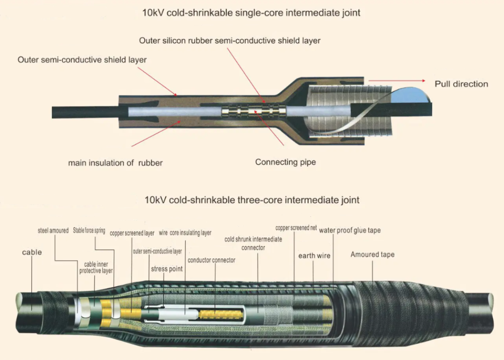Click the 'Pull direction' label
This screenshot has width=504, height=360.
461,84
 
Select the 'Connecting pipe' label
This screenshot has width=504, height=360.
285,162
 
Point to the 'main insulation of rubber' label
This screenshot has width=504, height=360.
115,163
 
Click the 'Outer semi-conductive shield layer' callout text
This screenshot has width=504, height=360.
82,60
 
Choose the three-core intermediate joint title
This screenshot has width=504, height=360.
252,200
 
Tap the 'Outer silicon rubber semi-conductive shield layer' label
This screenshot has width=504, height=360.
230,41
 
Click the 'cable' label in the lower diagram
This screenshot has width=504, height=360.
32,252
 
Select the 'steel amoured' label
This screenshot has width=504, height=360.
53,230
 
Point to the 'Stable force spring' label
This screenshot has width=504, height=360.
89,230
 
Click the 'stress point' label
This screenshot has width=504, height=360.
167,269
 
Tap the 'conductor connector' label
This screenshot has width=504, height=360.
211,260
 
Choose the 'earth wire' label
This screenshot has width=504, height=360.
314,256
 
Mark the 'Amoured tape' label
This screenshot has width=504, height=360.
372,255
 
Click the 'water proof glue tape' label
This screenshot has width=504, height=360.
350,230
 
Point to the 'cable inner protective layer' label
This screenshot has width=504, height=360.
96,268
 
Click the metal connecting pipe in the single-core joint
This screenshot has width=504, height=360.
252,112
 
